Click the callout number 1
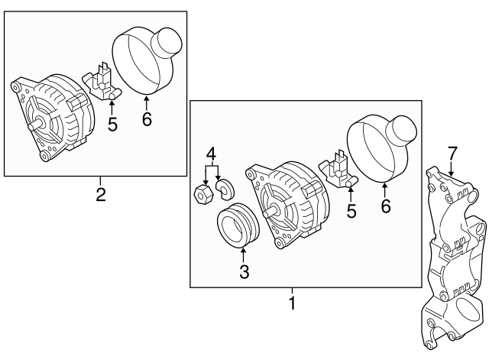[x=290, y=324]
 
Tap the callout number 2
[x=100, y=193]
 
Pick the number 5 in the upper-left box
[x=112, y=123]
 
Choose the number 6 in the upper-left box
[x=147, y=118]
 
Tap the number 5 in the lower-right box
[x=351, y=210]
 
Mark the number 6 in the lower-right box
[x=386, y=206]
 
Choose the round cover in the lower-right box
[x=382, y=145]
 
